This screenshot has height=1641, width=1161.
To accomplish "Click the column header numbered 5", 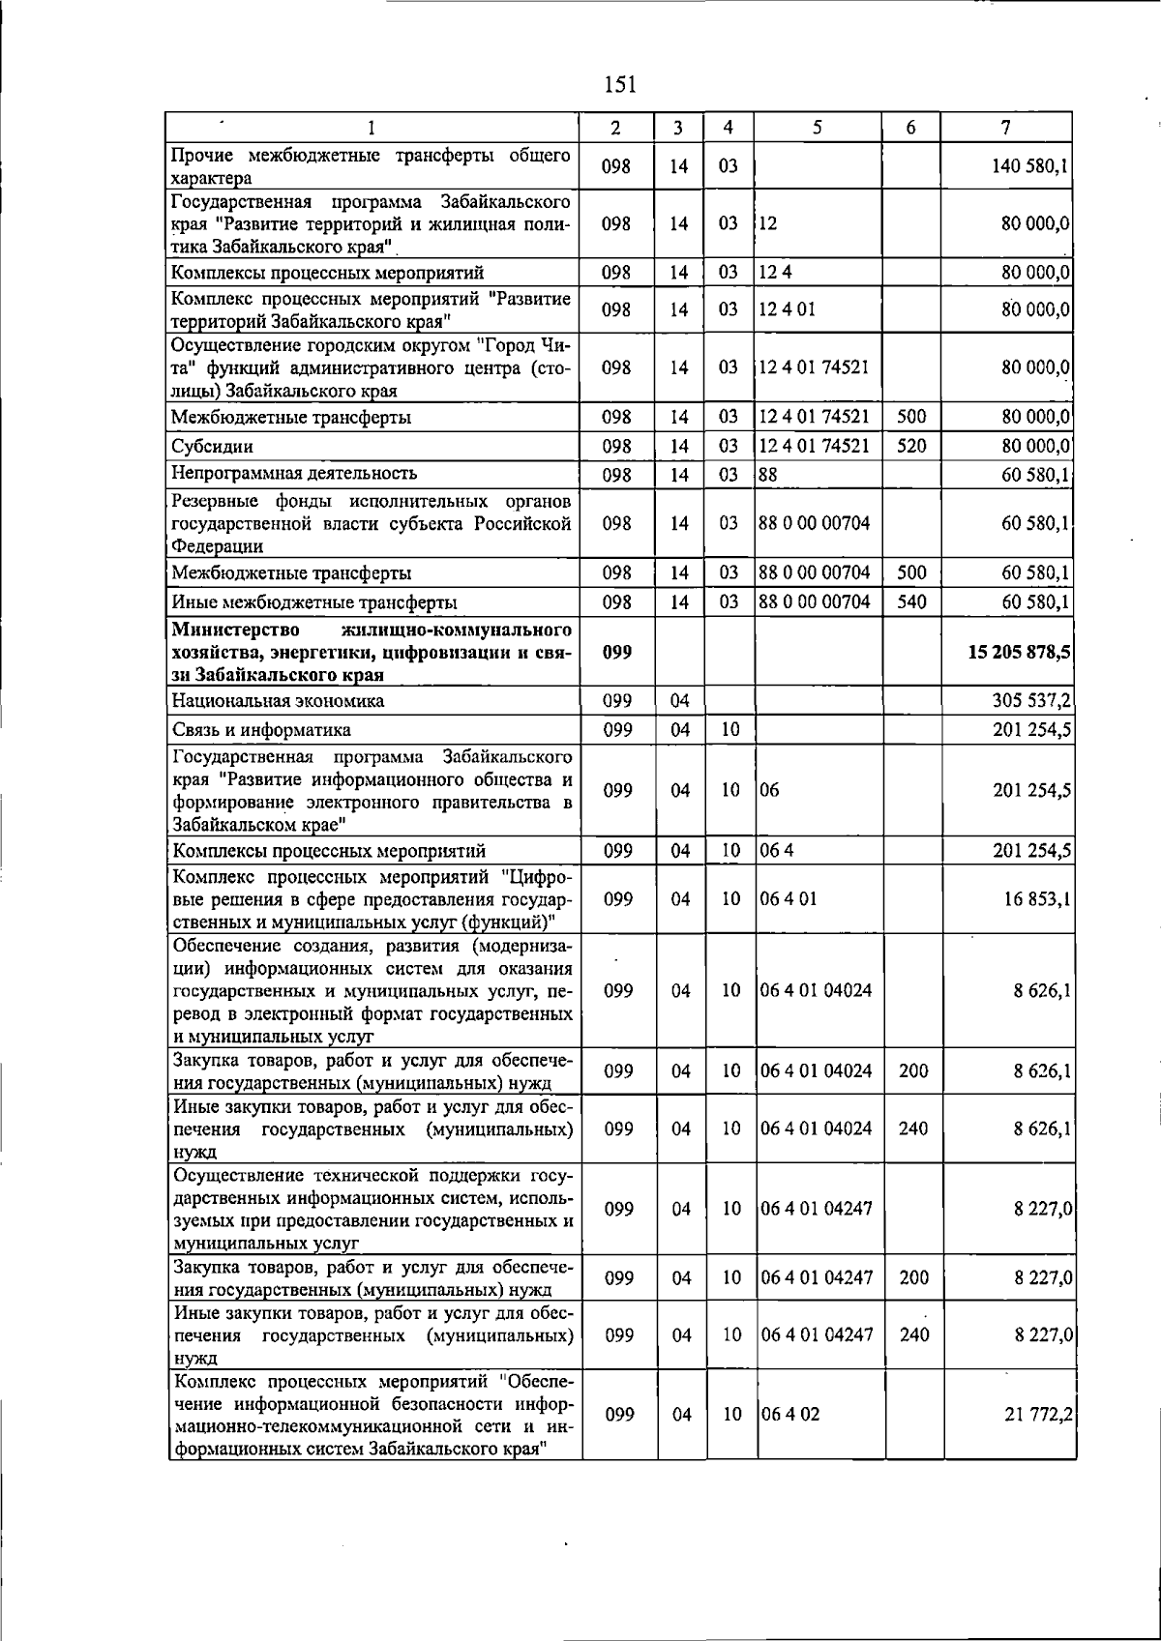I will tap(818, 127).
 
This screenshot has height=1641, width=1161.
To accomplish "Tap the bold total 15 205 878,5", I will tap(1019, 653).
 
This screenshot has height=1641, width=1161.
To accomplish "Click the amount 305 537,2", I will tap(1030, 700).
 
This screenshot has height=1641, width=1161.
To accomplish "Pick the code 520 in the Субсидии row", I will tap(911, 446).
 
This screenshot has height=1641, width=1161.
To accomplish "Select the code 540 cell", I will tap(911, 601).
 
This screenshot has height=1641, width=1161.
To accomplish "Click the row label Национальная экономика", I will tap(278, 700).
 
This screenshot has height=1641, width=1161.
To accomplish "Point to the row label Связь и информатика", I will tap(261, 729).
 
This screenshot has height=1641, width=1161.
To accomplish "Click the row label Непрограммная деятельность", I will tap(294, 473).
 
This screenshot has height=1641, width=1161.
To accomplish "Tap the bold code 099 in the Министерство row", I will tap(617, 653).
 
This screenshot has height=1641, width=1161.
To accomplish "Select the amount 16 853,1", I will tap(1035, 899).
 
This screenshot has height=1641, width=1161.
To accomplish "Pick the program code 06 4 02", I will tap(790, 1414).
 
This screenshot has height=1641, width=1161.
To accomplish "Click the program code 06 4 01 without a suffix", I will tap(789, 899).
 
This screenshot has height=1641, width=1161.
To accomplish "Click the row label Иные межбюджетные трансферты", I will tap(314, 602).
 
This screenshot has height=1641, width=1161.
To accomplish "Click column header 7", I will tap(1007, 127).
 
